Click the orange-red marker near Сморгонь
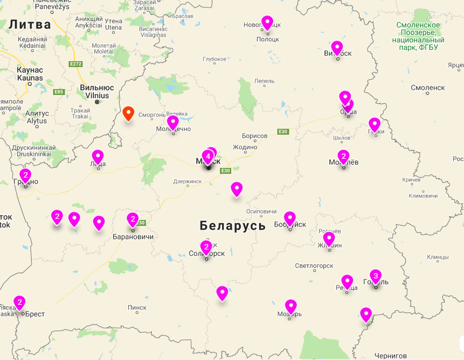[x=128, y=113]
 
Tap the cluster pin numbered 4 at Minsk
[x=208, y=157]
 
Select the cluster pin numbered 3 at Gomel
[x=375, y=276]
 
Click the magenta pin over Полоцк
[x=267, y=23]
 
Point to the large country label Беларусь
[x=232, y=225]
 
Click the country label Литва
[x=30, y=24]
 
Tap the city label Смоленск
[x=428, y=87]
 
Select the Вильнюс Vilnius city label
[x=97, y=91]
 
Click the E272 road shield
[x=76, y=64]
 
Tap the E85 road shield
[x=58, y=92]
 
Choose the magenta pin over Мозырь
[x=291, y=306]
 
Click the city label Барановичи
[x=133, y=237]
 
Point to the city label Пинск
[x=137, y=307]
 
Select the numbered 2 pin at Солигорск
[x=207, y=247]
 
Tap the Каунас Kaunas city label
[x=30, y=74]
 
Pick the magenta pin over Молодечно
[x=173, y=123]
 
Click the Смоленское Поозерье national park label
[x=418, y=36]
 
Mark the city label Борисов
[x=254, y=136]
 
